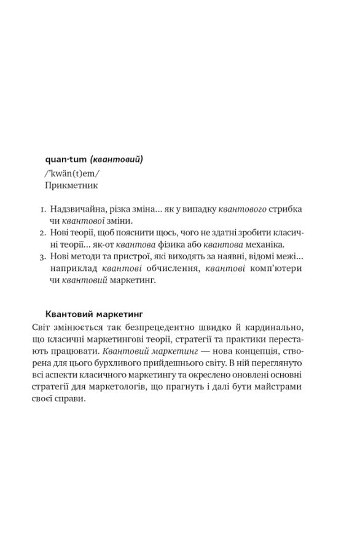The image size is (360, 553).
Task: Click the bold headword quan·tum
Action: click(66, 160)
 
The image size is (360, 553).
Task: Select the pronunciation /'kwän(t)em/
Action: click(72, 173)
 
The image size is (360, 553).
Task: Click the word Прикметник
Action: click(71, 185)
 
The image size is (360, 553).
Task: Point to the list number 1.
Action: click(36, 210)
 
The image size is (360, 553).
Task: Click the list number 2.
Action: click(35, 233)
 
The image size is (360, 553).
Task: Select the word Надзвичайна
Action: click(73, 210)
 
